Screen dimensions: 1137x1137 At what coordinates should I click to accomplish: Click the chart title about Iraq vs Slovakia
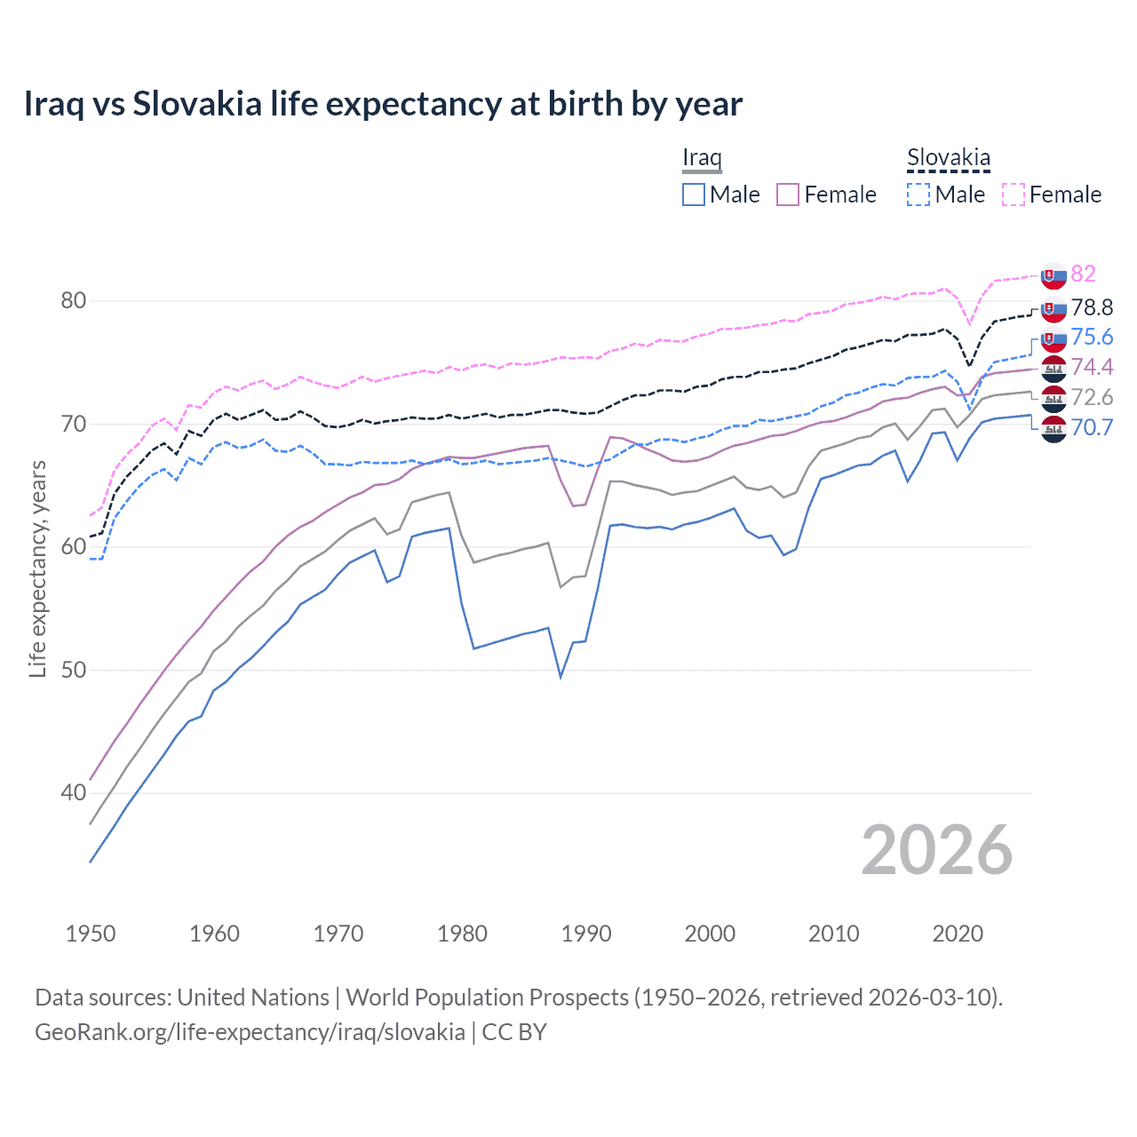tap(383, 104)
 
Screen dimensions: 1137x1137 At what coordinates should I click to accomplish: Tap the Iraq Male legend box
tap(694, 195)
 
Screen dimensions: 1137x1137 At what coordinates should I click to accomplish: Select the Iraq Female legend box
tap(788, 195)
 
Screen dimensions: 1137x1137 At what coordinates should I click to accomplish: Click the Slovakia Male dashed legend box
tap(918, 195)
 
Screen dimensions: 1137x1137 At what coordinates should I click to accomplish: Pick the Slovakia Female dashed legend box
tap(1014, 195)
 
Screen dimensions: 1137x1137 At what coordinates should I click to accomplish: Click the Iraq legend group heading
tap(702, 158)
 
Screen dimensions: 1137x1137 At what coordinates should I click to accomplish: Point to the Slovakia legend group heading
tap(948, 158)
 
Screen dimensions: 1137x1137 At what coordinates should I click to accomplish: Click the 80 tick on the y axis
tap(74, 301)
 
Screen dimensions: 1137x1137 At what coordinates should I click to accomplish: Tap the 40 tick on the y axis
tap(74, 792)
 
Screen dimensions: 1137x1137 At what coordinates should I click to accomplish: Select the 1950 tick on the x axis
tap(91, 934)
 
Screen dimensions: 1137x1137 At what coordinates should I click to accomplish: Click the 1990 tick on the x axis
tap(586, 934)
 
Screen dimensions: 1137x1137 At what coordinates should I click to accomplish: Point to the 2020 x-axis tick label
tap(958, 934)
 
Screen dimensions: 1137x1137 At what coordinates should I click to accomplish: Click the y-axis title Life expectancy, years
tap(38, 568)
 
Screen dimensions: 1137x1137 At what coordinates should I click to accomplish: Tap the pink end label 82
tap(1083, 274)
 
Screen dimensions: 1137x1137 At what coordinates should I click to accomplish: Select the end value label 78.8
tap(1092, 307)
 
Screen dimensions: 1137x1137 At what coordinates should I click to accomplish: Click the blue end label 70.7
tap(1092, 427)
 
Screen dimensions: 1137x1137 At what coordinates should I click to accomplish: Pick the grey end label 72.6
tap(1092, 397)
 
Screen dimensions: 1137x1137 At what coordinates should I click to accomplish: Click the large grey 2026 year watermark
tap(936, 850)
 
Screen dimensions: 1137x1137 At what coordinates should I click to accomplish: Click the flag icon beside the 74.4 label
tap(1054, 368)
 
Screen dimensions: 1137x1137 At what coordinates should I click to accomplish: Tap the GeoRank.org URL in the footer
tap(250, 1032)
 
